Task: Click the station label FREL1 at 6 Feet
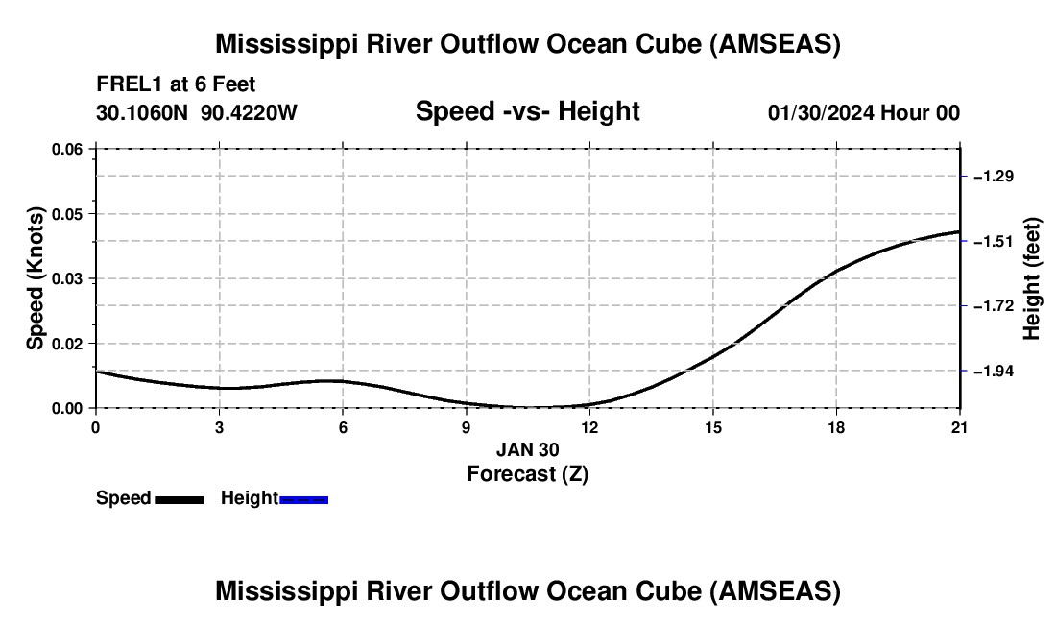pyautogui.click(x=176, y=84)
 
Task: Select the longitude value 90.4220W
pyautogui.click(x=250, y=112)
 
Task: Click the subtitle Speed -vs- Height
pyautogui.click(x=527, y=111)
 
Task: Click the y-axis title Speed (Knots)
pyautogui.click(x=36, y=278)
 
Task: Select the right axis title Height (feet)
pyautogui.click(x=1032, y=278)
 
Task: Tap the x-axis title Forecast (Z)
pyautogui.click(x=527, y=473)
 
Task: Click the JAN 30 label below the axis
pyautogui.click(x=527, y=449)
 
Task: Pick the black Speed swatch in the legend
pyautogui.click(x=179, y=499)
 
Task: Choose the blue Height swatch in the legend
pyautogui.click(x=303, y=499)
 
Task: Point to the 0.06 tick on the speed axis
pyautogui.click(x=67, y=149)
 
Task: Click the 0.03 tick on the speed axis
pyautogui.click(x=67, y=278)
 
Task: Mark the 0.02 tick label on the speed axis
pyautogui.click(x=67, y=344)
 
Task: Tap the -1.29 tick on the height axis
pyautogui.click(x=994, y=177)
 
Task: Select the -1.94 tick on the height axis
pyautogui.click(x=994, y=371)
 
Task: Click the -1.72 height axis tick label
pyautogui.click(x=994, y=305)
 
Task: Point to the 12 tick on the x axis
pyautogui.click(x=588, y=427)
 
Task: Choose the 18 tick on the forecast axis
pyautogui.click(x=836, y=427)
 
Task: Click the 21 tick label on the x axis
pyautogui.click(x=959, y=427)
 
